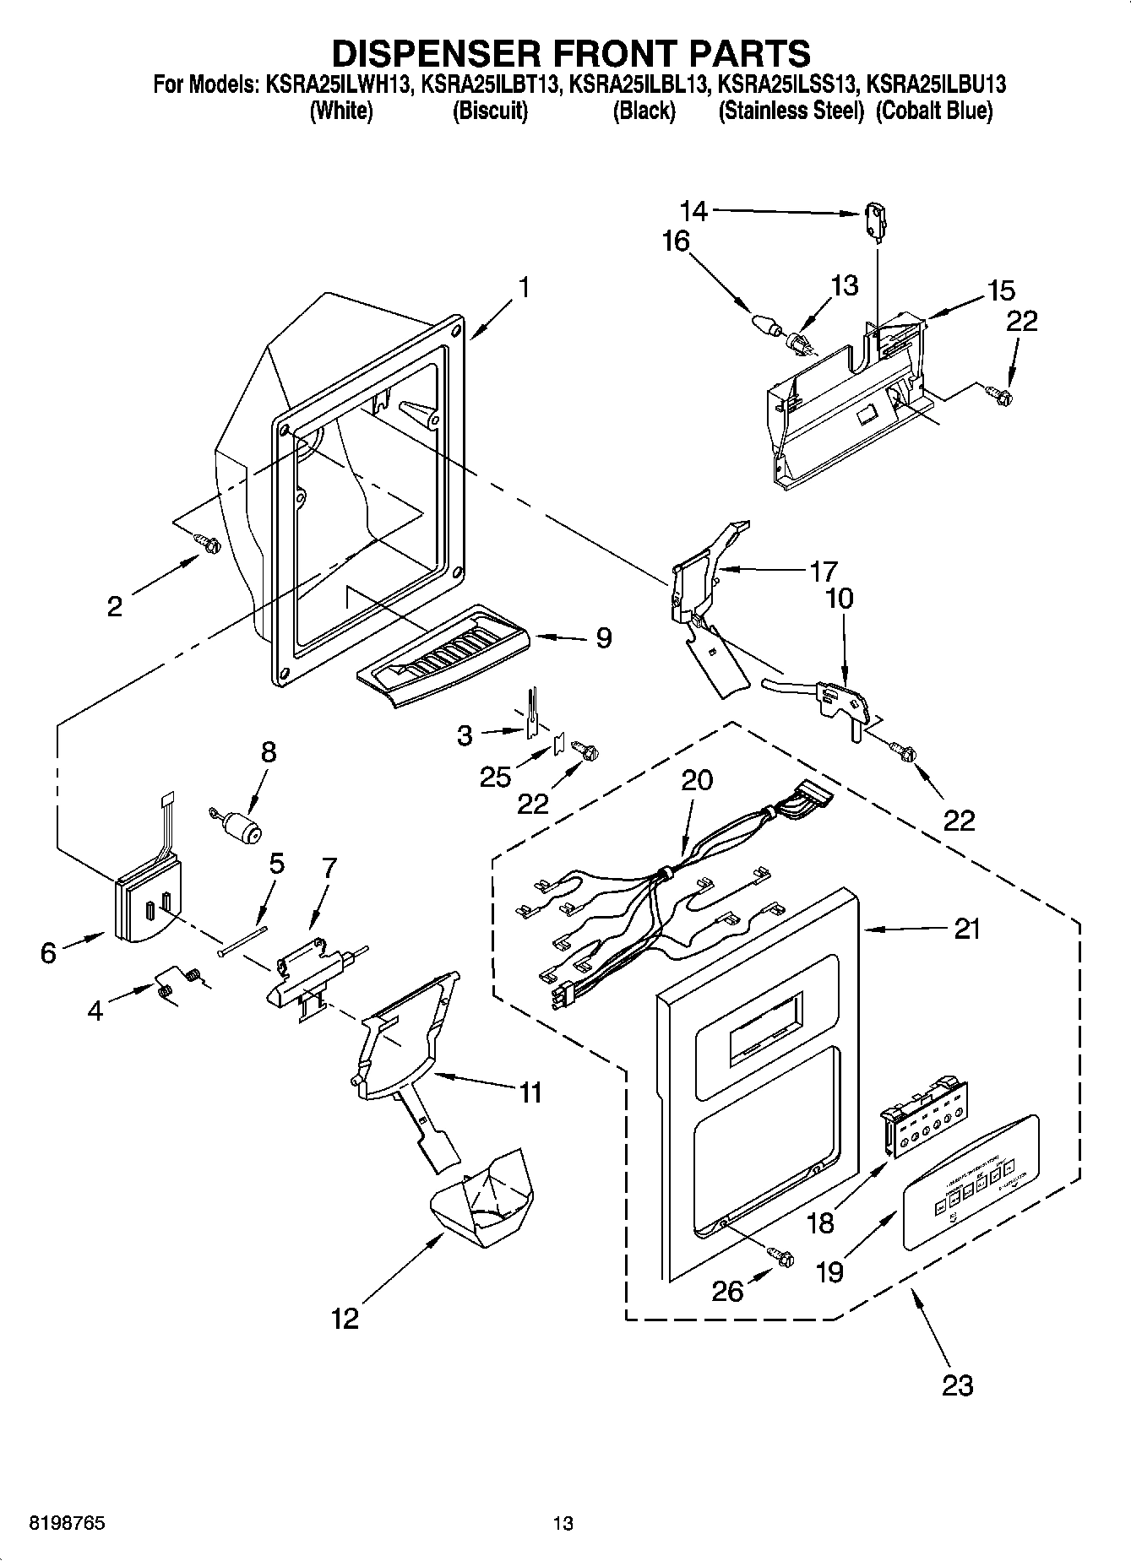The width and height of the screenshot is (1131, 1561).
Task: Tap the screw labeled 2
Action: pyautogui.click(x=206, y=542)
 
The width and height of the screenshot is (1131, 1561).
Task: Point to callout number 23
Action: pyautogui.click(x=958, y=1385)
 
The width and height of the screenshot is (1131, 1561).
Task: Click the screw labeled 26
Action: pyautogui.click(x=783, y=1257)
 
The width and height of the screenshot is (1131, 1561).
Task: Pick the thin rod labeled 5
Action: pyautogui.click(x=242, y=940)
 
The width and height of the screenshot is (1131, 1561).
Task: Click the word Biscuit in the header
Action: pyautogui.click(x=491, y=111)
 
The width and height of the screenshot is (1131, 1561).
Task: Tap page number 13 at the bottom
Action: pyautogui.click(x=563, y=1524)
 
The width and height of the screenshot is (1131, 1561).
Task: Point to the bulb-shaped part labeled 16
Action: pyautogui.click(x=764, y=324)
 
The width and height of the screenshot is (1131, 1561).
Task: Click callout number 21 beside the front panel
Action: pyautogui.click(x=968, y=929)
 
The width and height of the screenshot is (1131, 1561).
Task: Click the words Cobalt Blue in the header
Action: pyautogui.click(x=934, y=111)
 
